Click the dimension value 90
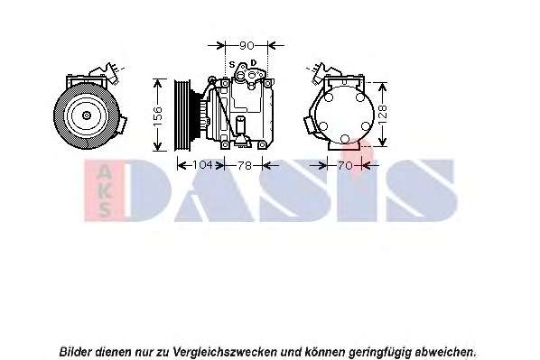pos(247,45)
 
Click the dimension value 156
pos(157,116)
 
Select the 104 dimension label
pos(202,165)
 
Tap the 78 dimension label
pos(245,166)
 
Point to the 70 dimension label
pos(345,166)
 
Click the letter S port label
pos(232,64)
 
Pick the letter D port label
pos(254,63)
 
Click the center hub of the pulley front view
pos(87,115)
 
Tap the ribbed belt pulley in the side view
pos(182,115)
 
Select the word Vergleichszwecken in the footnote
pos(225,353)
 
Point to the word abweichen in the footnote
pos(446,353)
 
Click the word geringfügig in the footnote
pos(380,353)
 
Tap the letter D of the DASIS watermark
pos(148,190)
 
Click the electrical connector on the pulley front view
pos(113,73)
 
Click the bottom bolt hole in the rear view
pos(344,139)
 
